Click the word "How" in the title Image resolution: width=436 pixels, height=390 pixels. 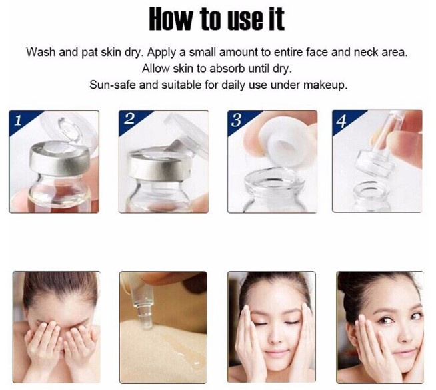pyautogui.click(x=170, y=19)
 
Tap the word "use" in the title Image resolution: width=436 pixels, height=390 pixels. pyautogui.click(x=245, y=20)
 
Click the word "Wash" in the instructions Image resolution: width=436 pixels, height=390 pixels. pyautogui.click(x=41, y=52)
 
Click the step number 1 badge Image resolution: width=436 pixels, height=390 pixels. pyautogui.click(x=21, y=120)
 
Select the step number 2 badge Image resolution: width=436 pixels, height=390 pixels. pyautogui.click(x=131, y=120)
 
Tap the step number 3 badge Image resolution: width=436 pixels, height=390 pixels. pyautogui.click(x=239, y=120)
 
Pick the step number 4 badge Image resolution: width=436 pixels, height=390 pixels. pyautogui.click(x=344, y=120)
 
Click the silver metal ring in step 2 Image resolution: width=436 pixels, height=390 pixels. pyautogui.click(x=159, y=164)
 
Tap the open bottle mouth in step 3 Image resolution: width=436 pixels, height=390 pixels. pyautogui.click(x=273, y=182)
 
